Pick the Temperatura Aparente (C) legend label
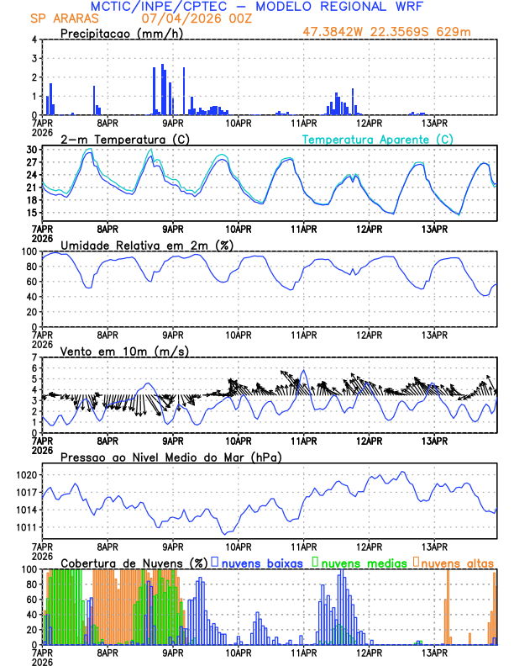(378, 139)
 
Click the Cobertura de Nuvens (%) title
(134, 563)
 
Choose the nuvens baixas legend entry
(260, 563)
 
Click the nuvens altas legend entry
(459, 563)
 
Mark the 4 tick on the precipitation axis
(34, 40)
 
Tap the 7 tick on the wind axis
(34, 357)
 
